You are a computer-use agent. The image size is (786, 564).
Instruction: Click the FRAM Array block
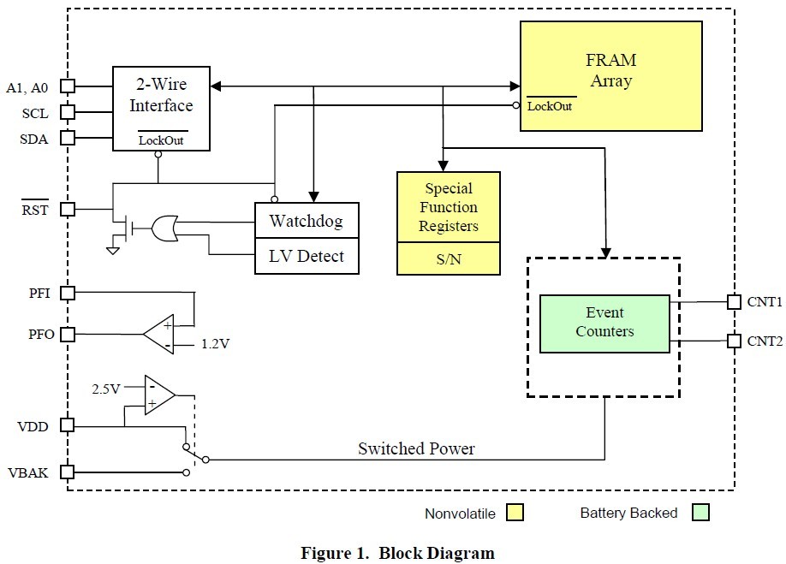click(610, 75)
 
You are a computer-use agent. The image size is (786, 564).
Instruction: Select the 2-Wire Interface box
click(161, 108)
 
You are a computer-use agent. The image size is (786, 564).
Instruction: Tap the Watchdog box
click(307, 221)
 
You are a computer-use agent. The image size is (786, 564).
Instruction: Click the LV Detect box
click(307, 256)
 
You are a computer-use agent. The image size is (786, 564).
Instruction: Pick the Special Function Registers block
click(448, 207)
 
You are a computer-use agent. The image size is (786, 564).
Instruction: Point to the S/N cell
click(448, 258)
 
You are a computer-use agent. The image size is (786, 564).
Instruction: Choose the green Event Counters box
click(604, 324)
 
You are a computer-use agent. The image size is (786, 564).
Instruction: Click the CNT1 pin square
click(734, 301)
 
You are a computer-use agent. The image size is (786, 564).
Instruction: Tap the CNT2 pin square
click(734, 341)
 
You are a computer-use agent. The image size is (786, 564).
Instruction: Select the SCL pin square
click(68, 112)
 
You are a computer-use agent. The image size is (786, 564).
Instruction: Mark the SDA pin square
click(68, 138)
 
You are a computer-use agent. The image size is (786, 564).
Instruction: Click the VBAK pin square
click(68, 472)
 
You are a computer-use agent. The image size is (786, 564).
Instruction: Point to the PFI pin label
click(39, 294)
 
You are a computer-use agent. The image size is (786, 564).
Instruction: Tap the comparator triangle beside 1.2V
click(158, 334)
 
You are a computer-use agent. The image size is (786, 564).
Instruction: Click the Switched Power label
click(416, 448)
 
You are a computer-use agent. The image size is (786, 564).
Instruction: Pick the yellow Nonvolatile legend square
click(515, 513)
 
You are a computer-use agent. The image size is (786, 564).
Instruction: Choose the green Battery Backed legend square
click(700, 513)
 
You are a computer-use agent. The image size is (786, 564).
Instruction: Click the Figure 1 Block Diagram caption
click(397, 553)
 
